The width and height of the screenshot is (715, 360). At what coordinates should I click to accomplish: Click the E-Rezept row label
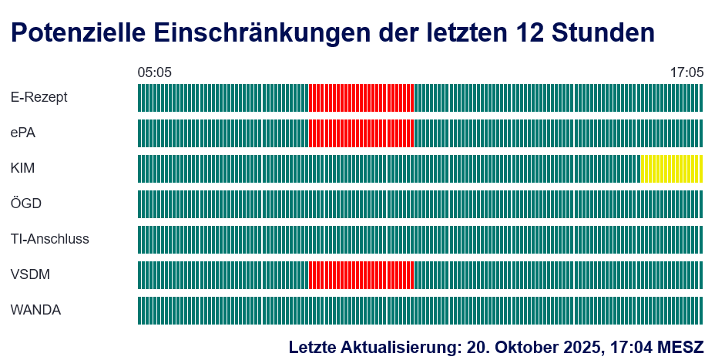39,97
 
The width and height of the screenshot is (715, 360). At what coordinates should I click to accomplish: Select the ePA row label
23,133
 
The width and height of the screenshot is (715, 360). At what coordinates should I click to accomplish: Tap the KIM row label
23,168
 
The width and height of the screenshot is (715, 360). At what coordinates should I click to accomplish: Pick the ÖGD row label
26,204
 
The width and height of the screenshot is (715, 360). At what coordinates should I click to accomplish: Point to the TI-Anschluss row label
50,239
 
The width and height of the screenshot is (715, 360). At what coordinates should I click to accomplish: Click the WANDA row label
35,310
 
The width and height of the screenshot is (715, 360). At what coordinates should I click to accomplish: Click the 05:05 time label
154,72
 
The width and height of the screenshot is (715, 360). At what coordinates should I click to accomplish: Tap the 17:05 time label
686,72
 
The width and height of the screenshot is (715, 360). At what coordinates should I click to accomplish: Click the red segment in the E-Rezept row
361,98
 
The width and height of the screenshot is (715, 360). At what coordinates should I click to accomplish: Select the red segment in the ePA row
361,133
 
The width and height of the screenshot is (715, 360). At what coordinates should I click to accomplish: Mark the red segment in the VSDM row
361,275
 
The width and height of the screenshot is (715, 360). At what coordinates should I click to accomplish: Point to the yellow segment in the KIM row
671,169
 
